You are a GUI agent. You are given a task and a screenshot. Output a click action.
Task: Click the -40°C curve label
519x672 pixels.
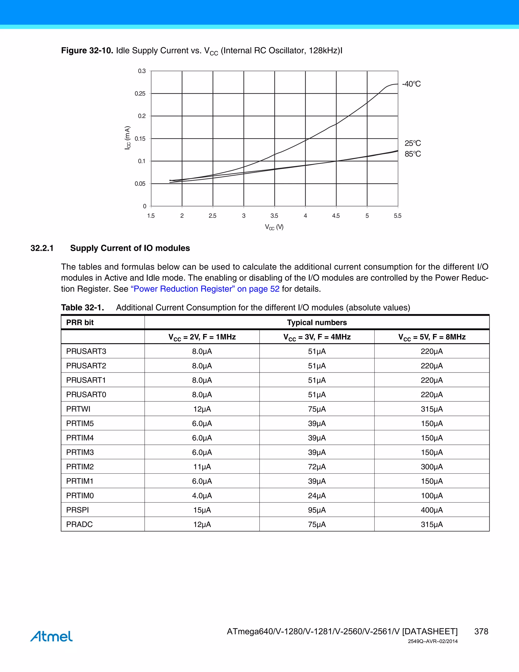411,84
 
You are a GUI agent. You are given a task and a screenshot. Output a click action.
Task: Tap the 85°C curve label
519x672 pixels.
412,154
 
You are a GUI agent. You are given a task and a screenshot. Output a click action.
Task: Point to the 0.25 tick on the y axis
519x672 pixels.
140,94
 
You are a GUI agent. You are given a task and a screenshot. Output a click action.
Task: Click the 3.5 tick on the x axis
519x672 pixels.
274,216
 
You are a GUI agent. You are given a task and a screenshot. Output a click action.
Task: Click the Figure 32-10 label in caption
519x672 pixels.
87,50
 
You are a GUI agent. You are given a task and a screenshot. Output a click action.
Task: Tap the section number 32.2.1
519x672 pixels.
42,248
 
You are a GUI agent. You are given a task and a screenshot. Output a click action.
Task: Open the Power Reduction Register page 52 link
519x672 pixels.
205,289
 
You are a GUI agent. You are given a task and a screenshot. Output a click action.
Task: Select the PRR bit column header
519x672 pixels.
80,323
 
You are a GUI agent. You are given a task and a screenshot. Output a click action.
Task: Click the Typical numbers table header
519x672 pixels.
317,323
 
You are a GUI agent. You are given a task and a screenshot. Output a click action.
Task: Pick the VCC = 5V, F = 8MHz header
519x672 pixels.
432,337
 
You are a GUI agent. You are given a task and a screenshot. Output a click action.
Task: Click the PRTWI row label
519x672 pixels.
78,409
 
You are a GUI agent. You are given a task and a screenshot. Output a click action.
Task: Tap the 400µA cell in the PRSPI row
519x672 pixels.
432,510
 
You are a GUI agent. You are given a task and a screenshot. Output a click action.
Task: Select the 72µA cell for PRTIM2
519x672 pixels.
317,467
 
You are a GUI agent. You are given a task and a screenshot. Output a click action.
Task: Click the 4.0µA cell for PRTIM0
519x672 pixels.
202,496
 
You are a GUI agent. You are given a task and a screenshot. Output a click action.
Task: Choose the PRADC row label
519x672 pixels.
79,524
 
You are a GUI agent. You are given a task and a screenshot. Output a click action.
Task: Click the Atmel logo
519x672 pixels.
51,636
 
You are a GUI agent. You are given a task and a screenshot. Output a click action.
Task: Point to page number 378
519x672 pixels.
481,631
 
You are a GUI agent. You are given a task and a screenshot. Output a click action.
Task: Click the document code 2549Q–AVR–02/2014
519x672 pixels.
433,641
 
